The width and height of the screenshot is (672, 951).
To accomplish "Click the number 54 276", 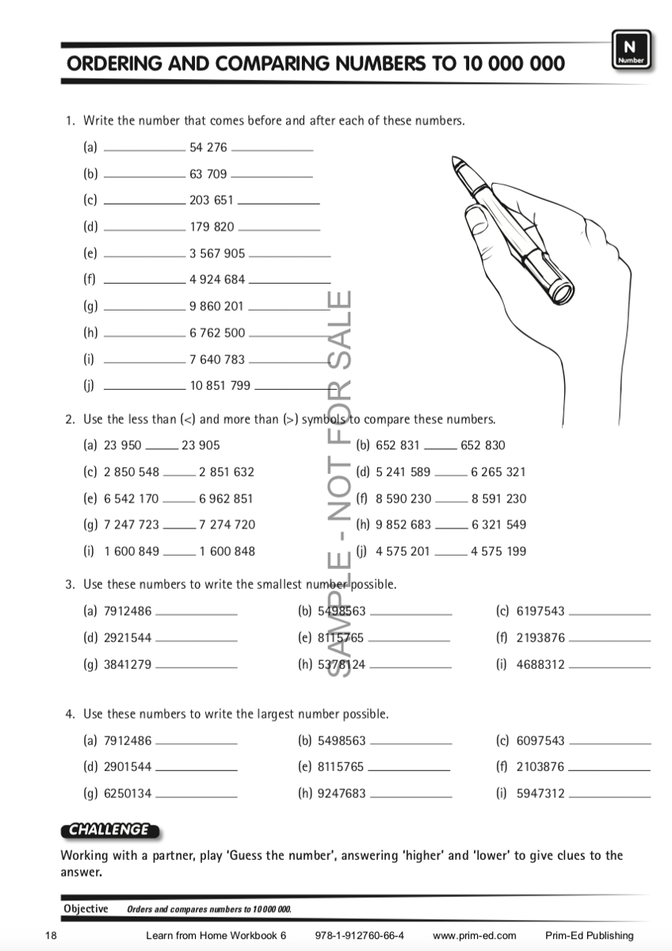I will point(208,147).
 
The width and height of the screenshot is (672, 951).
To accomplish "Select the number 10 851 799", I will point(220,386).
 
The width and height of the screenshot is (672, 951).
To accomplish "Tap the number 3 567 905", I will point(217,254).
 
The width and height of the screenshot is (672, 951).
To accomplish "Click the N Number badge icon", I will point(631,49).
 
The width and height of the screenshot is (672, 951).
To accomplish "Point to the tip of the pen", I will point(453,161).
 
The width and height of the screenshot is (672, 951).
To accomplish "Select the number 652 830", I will point(483,445).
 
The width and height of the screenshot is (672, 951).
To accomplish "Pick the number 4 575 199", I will point(498,552).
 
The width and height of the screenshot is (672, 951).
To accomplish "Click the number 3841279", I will point(128,665).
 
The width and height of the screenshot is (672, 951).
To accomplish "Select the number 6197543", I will point(540,611).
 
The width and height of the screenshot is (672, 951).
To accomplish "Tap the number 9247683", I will point(342,792).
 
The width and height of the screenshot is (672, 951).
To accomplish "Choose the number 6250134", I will point(128,792).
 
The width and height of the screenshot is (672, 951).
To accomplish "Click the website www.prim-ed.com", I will point(475,936).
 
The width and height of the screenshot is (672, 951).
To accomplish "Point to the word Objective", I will point(86,909).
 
